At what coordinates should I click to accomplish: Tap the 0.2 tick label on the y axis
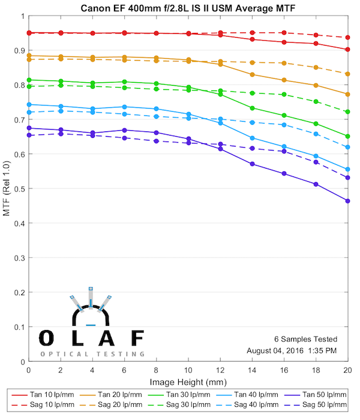(20, 292)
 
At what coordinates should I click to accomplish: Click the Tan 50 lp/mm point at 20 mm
(348, 200)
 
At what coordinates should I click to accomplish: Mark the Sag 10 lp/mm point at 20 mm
(348, 37)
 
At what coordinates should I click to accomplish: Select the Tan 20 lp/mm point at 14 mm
(252, 74)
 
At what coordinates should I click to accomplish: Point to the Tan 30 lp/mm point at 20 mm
(348, 136)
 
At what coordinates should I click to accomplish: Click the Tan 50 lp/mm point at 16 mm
(284, 174)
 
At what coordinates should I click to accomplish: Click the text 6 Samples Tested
(305, 339)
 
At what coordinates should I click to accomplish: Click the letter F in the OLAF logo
(137, 338)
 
